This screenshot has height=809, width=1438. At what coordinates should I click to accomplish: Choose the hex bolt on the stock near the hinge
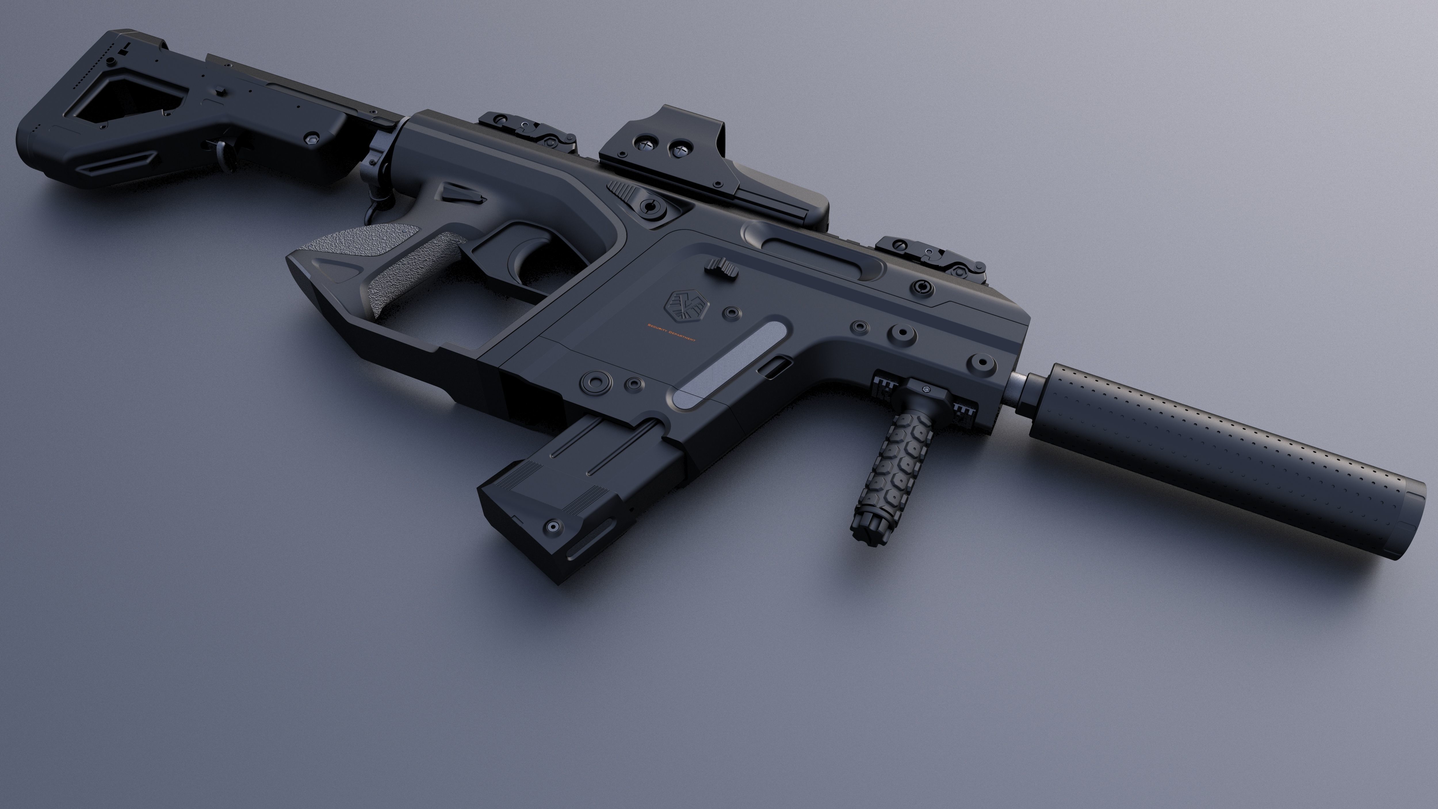coord(313,137)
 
